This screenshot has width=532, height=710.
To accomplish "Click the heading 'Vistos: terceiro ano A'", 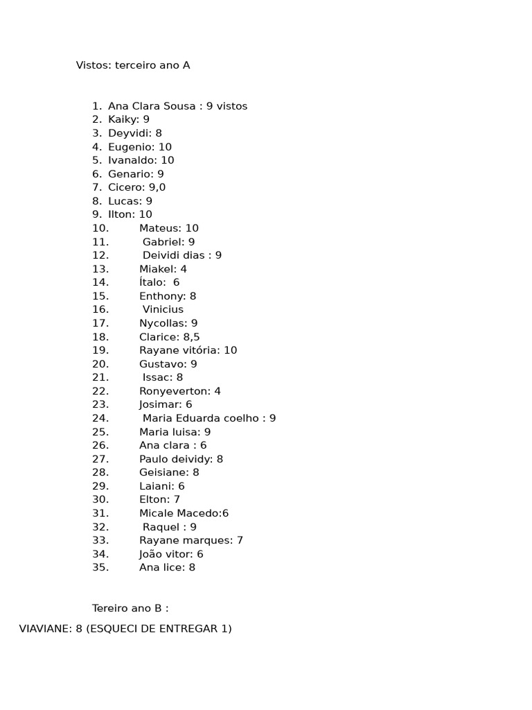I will (133, 65).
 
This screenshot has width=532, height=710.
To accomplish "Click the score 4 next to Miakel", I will (184, 269).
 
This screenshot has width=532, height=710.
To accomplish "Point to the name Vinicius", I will (163, 309).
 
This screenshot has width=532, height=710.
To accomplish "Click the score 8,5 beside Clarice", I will (191, 337).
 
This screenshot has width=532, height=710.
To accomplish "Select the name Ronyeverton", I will (174, 391).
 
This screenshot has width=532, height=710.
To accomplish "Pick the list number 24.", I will (100, 418).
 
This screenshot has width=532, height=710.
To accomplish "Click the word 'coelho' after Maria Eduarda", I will (242, 418).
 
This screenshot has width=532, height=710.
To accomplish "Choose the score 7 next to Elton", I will (177, 499).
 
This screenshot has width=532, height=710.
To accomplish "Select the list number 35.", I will (100, 567).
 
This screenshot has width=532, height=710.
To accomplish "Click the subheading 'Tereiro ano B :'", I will (130, 608).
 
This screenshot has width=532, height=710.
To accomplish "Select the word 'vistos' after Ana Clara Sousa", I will (232, 106).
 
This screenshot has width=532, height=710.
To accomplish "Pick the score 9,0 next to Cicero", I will (157, 187).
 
